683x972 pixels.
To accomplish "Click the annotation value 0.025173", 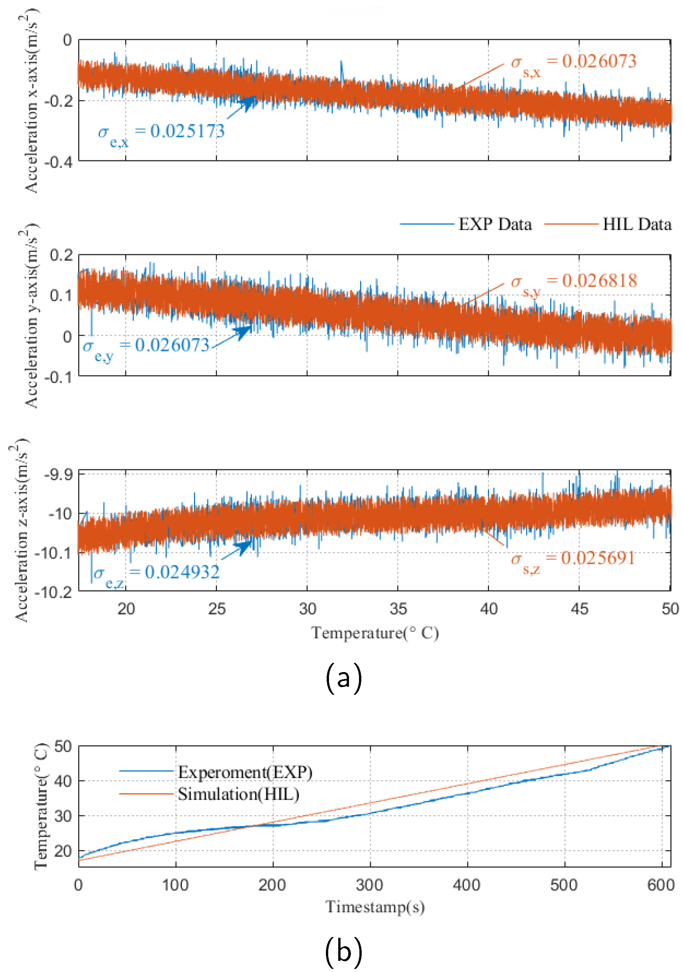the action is [x=187, y=131].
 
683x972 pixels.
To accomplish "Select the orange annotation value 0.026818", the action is [x=599, y=281].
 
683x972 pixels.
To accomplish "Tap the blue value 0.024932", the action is [x=182, y=573].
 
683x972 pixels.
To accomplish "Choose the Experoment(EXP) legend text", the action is [x=245, y=772].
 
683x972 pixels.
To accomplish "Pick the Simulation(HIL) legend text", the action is [x=238, y=794].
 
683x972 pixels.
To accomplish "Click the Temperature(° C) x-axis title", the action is [x=375, y=633].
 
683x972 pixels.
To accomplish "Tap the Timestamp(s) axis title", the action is [x=375, y=906].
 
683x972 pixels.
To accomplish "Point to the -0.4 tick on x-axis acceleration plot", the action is [x=58, y=162].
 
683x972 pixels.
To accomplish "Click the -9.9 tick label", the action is [x=58, y=474].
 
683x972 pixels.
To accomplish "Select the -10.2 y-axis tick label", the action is [x=53, y=592].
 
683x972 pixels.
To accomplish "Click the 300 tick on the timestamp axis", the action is [x=369, y=884].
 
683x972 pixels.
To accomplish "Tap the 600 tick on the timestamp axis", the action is [x=661, y=884].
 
